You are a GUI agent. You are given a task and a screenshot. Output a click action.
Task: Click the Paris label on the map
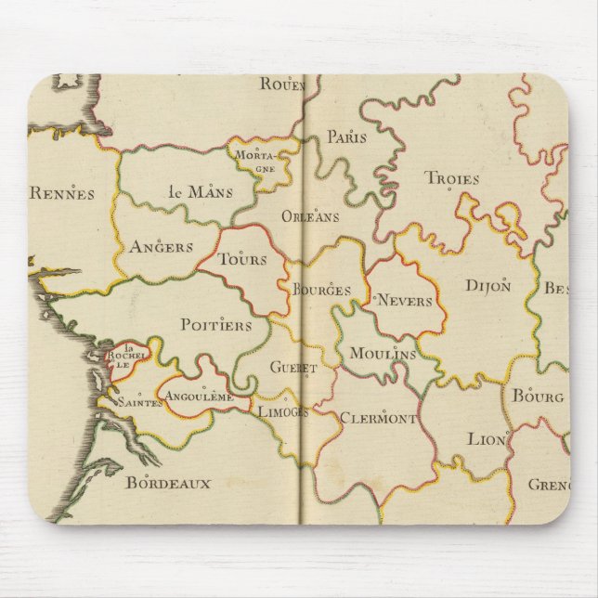(346, 137)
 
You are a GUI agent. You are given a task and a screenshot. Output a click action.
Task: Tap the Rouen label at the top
(282, 84)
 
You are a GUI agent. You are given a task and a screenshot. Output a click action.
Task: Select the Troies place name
(452, 178)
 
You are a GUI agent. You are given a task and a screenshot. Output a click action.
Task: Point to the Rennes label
(62, 193)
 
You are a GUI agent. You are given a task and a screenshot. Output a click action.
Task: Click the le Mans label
(201, 192)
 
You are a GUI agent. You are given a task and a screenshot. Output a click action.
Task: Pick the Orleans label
(310, 216)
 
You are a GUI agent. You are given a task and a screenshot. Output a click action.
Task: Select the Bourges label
(321, 290)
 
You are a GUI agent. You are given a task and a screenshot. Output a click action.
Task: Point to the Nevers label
(405, 301)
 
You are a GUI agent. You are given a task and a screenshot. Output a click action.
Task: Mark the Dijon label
(487, 286)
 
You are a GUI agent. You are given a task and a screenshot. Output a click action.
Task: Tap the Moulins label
(383, 354)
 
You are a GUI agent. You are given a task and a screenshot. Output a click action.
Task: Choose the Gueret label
(293, 367)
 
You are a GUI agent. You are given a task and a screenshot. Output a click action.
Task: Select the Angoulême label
(198, 396)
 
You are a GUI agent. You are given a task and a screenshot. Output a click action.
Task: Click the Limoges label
(282, 411)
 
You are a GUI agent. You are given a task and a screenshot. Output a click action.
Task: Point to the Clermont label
(378, 417)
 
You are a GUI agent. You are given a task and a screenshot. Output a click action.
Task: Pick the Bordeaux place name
(168, 482)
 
